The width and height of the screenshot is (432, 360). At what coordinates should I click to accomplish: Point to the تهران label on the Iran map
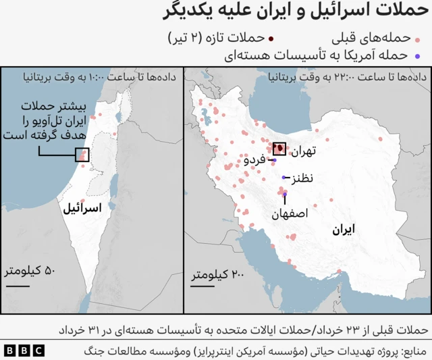[x=303, y=152]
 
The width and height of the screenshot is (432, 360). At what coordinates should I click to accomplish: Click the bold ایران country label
[x=343, y=230]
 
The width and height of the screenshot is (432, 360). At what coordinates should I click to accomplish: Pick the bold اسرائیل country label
[x=82, y=208]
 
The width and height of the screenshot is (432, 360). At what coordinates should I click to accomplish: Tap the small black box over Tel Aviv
[x=82, y=155]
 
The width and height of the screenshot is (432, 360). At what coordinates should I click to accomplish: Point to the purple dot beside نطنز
[x=284, y=178]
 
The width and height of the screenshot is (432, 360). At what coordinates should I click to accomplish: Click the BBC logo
[x=24, y=351]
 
